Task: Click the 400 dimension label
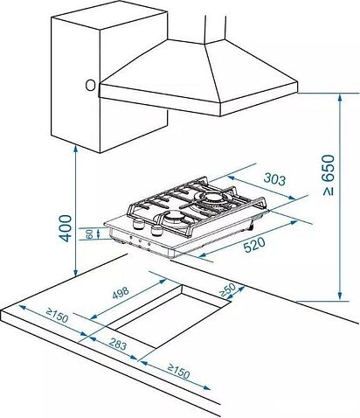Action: pyautogui.click(x=66, y=228)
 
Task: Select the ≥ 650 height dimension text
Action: pyautogui.click(x=329, y=175)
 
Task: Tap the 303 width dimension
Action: pyautogui.click(x=274, y=179)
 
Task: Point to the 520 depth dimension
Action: pyautogui.click(x=254, y=245)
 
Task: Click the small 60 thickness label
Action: pyautogui.click(x=90, y=233)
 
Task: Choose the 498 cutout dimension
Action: pyautogui.click(x=120, y=293)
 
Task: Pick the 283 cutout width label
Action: pyautogui.click(x=118, y=345)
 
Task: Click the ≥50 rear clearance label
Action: pyautogui.click(x=227, y=289)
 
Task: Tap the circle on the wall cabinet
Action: pyautogui.click(x=90, y=86)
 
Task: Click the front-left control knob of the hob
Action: pyautogui.click(x=138, y=224)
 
